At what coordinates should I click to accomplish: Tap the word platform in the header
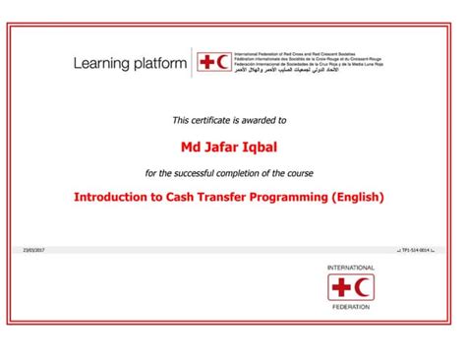pos(159,65)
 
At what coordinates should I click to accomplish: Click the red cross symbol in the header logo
pos(206,63)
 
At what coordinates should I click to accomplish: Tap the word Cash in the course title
pos(176,197)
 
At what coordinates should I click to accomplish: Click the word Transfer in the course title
pos(222,197)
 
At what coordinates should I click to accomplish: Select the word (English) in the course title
pos(359,197)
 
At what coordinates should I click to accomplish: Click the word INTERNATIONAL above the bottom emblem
pos(351,268)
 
